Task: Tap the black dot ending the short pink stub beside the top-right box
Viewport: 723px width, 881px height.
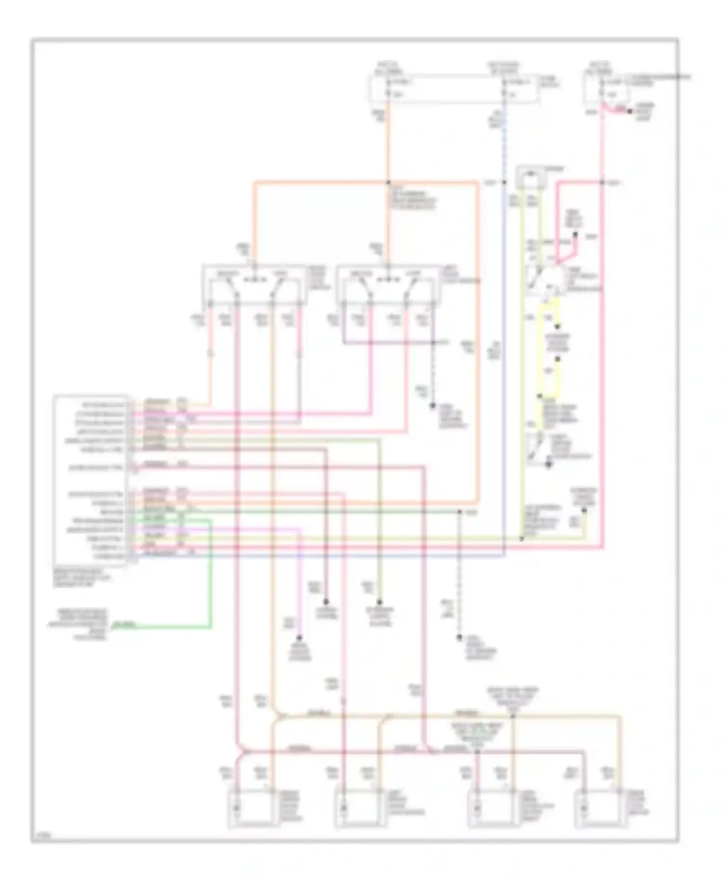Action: [629, 111]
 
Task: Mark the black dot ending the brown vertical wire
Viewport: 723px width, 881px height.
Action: [326, 602]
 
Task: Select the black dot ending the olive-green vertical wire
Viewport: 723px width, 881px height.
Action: [379, 602]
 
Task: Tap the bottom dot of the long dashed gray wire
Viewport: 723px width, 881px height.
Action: [459, 638]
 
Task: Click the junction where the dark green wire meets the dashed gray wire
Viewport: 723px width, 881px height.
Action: [459, 511]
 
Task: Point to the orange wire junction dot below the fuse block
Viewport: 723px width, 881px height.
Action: [388, 183]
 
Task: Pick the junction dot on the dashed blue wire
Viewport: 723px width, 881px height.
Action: [504, 183]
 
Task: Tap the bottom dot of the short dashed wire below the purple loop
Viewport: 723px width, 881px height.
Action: [432, 406]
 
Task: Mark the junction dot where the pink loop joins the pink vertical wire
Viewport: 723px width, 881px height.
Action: [602, 183]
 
